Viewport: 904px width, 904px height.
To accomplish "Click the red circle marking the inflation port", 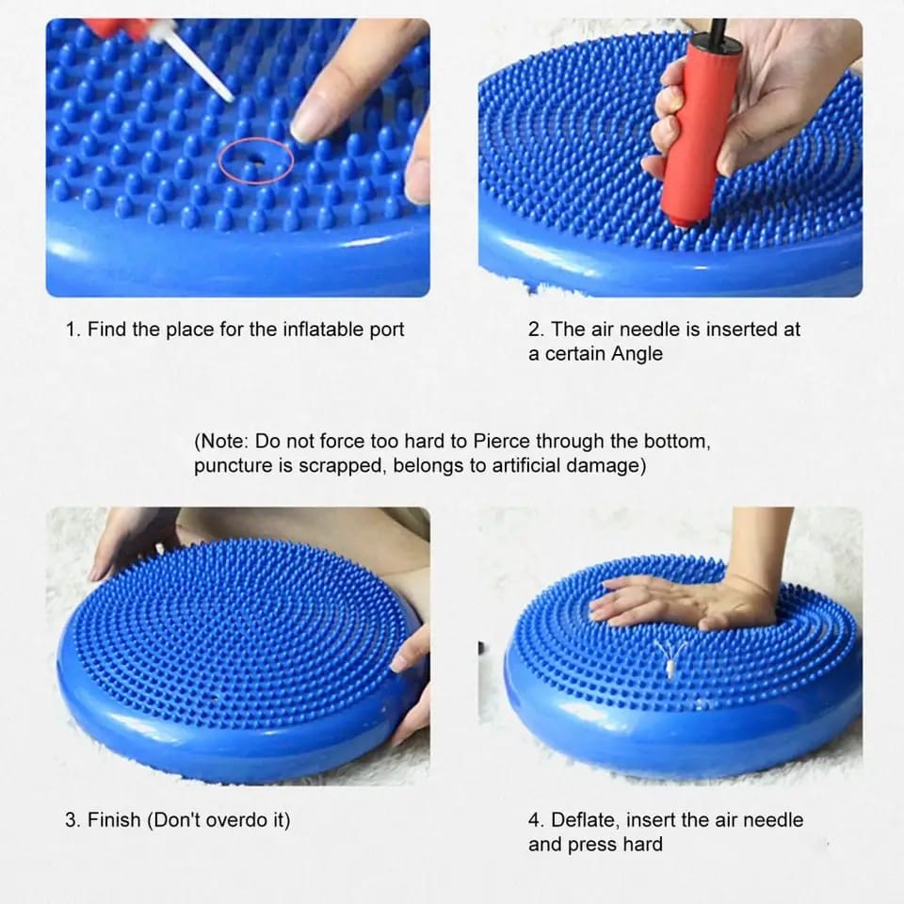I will click(x=256, y=161).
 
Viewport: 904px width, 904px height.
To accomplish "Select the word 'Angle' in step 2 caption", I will click(x=638, y=354).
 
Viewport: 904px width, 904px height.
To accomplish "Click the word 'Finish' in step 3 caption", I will click(x=114, y=819).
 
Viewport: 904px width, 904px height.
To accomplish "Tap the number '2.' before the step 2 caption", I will click(x=537, y=330).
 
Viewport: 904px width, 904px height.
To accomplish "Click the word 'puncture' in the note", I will click(x=231, y=465).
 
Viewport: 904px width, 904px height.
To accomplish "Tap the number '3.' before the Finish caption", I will click(x=73, y=819).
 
